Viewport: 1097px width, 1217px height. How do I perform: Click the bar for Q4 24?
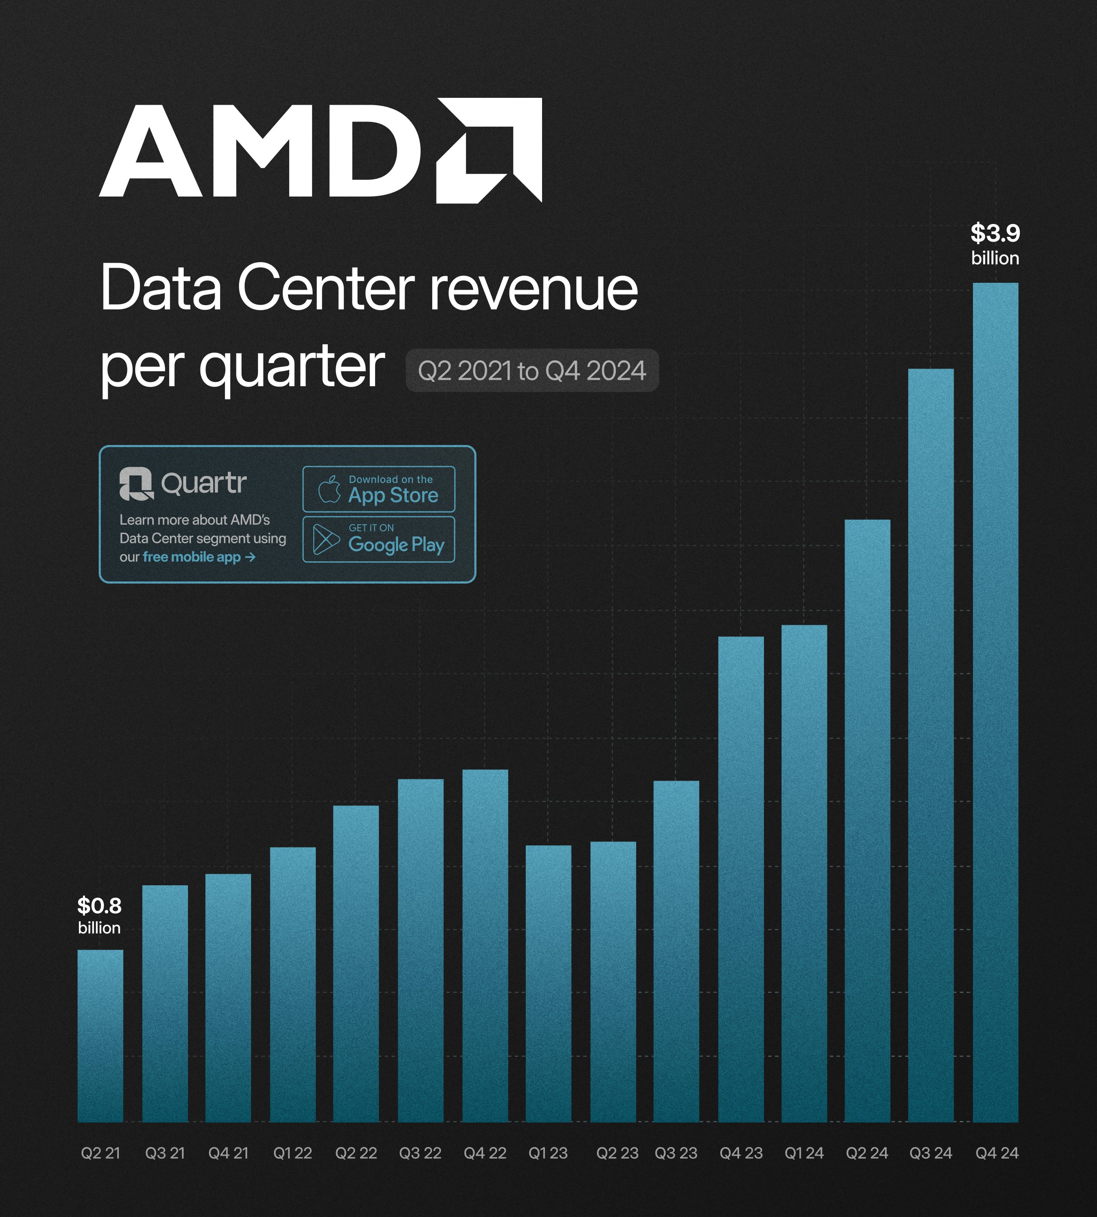tap(995, 702)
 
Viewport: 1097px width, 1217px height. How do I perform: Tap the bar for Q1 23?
tap(548, 983)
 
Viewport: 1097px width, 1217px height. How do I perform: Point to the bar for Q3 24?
tap(930, 745)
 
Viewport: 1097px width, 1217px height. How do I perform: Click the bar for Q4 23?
tap(741, 879)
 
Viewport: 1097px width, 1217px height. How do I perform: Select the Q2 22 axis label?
tap(356, 1153)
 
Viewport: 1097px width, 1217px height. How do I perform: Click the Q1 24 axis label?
tap(803, 1153)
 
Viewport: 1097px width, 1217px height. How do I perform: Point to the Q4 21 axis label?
tap(228, 1153)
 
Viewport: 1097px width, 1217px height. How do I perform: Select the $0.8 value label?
tap(100, 905)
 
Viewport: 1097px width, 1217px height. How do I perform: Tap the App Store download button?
tap(379, 489)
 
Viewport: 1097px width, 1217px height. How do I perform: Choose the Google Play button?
tap(379, 539)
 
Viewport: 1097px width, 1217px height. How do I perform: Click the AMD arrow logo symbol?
tap(489, 150)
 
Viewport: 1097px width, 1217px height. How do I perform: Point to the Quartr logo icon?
tap(136, 484)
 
